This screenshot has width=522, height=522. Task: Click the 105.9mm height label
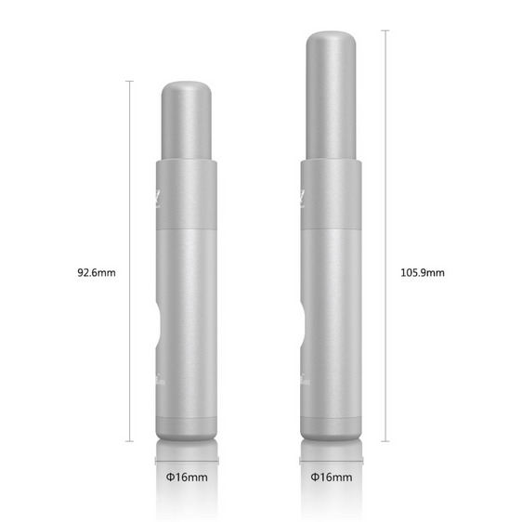point(423,273)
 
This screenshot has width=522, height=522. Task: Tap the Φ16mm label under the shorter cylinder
point(187,476)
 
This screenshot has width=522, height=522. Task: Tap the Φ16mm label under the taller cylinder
point(332,476)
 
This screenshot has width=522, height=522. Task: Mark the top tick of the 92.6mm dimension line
point(128,82)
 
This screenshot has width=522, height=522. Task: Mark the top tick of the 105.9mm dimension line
point(385,30)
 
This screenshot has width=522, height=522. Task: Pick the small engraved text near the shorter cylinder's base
point(159,378)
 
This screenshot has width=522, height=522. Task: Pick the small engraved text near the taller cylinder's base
point(304,378)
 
